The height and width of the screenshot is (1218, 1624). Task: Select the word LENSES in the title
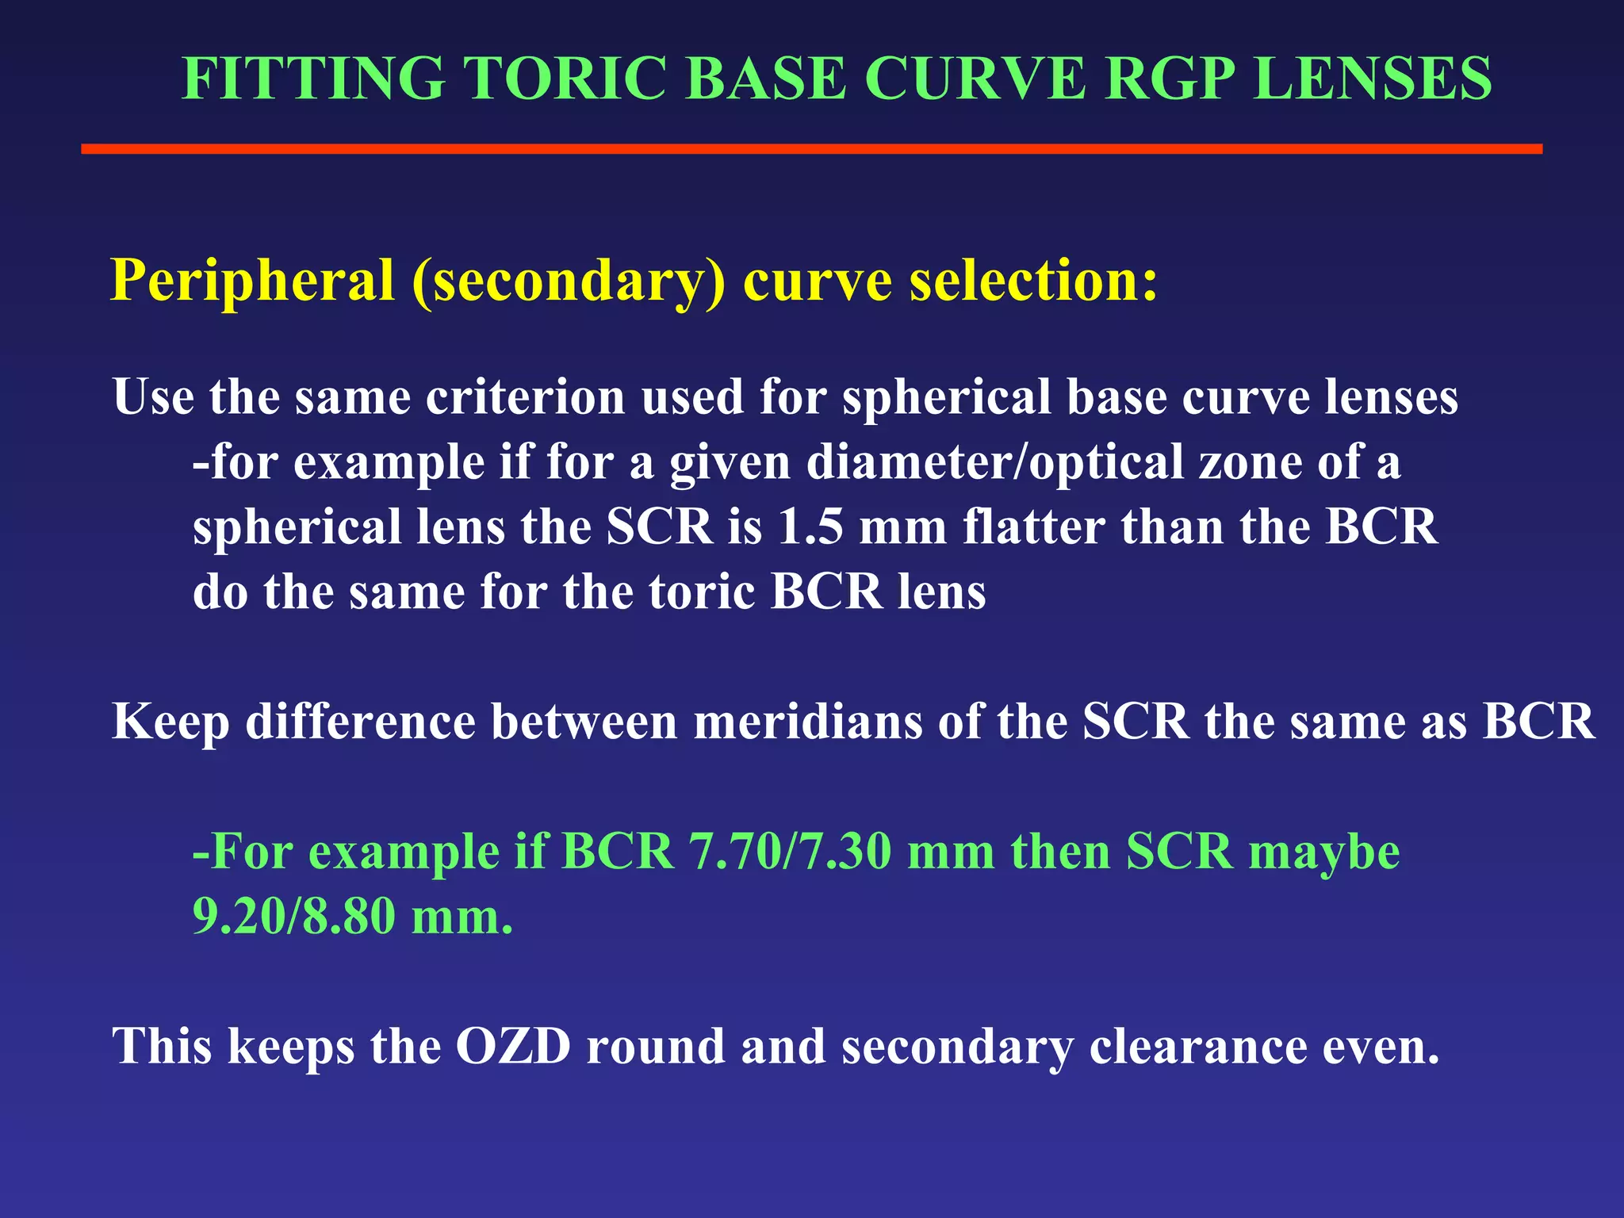click(1373, 79)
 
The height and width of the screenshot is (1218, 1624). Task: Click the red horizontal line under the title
click(811, 149)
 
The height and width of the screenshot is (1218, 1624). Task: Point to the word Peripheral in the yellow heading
click(252, 282)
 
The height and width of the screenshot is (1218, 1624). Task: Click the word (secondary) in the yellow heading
click(568, 282)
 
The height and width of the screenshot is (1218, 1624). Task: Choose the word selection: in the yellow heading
click(1033, 282)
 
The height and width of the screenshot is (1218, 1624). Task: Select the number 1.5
click(810, 527)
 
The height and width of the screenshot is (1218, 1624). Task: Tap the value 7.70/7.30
click(790, 852)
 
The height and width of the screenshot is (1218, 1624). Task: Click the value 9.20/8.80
click(293, 917)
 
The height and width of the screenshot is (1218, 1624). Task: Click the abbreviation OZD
click(513, 1046)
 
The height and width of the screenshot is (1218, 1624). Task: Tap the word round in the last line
click(655, 1046)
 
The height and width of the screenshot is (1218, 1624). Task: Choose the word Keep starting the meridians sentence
click(170, 723)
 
